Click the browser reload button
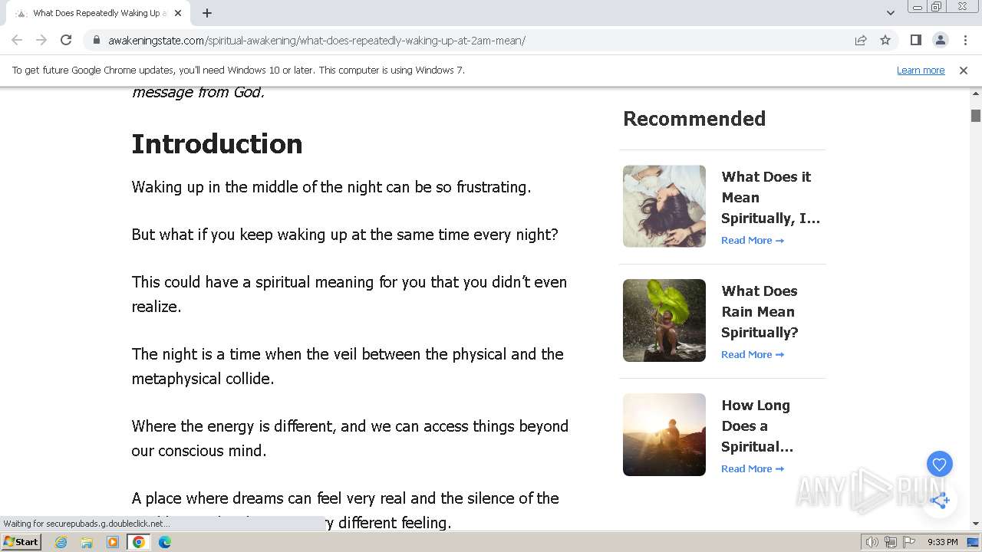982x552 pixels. click(x=66, y=40)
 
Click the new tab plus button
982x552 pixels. click(x=207, y=13)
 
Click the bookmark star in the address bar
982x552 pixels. click(x=885, y=40)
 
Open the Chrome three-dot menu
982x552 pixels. click(x=965, y=40)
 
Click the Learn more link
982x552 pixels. click(x=920, y=70)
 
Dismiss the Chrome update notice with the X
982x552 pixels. click(x=963, y=70)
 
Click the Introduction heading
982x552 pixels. click(x=217, y=144)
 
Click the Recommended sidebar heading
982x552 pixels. click(x=694, y=119)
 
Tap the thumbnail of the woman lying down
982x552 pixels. click(x=664, y=206)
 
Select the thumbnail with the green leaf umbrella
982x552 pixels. click(x=664, y=320)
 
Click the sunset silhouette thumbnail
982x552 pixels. click(x=664, y=435)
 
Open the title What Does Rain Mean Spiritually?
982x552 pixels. click(x=760, y=311)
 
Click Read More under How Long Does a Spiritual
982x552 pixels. click(x=752, y=468)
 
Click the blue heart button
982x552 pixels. click(x=939, y=464)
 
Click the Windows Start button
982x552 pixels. click(x=21, y=542)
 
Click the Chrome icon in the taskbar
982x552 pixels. click(x=138, y=542)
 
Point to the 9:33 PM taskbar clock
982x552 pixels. click(x=942, y=542)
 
